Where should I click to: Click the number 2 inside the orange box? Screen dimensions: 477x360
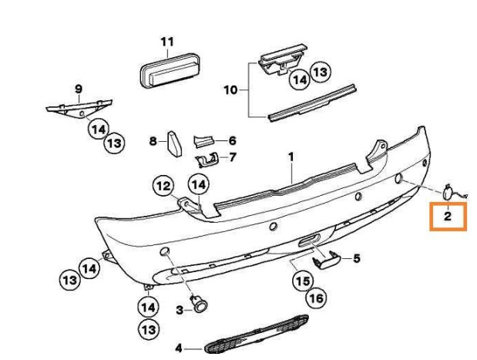(x=448, y=217)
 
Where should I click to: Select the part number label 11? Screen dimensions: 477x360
(x=167, y=42)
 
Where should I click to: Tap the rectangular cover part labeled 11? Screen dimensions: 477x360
(x=170, y=71)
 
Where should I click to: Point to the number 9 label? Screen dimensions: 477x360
(x=79, y=89)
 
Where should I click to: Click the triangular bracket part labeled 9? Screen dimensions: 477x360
(x=79, y=108)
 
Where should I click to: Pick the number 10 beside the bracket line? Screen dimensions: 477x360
(x=230, y=90)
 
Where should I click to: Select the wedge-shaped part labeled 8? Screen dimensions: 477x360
(x=174, y=143)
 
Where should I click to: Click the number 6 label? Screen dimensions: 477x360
(x=232, y=140)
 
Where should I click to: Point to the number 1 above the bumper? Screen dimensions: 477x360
(x=291, y=157)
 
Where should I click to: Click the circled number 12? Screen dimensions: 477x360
(x=164, y=186)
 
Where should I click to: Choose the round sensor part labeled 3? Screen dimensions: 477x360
(x=200, y=304)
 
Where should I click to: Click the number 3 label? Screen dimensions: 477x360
(x=180, y=310)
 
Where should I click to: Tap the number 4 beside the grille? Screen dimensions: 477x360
(x=179, y=348)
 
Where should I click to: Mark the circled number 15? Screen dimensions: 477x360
(x=303, y=281)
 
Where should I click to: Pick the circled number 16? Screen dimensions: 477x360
(x=316, y=298)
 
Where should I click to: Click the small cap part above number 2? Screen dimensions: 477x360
(x=447, y=193)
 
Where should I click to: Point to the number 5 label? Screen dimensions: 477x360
(x=357, y=258)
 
